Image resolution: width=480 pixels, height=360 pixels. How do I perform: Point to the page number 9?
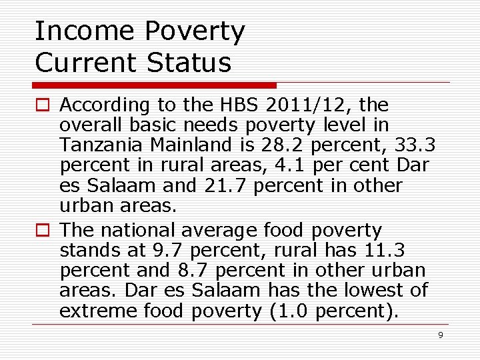click(440, 335)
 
